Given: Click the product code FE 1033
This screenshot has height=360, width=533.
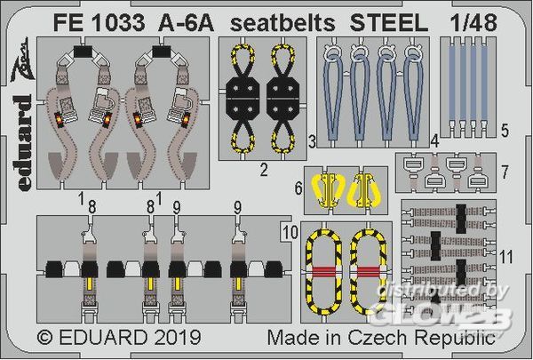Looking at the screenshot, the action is click(x=99, y=23).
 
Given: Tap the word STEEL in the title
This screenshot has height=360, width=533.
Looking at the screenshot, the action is click(x=389, y=23).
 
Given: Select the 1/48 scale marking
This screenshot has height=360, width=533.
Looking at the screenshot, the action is click(x=473, y=23).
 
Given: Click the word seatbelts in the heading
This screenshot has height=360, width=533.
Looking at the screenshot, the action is click(x=282, y=23).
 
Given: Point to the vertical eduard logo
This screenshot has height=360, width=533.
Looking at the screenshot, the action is click(x=24, y=143).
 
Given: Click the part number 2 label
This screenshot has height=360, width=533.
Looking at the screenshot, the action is click(x=264, y=170).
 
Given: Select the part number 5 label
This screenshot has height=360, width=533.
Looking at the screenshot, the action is click(x=505, y=131).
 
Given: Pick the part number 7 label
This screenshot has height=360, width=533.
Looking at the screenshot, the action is click(x=505, y=172).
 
